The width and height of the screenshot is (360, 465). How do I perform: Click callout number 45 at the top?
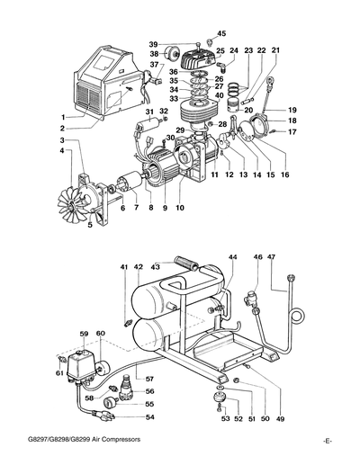click(222, 33)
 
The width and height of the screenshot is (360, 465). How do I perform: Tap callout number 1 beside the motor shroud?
click(63, 117)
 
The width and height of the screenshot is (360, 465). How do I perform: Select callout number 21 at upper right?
click(276, 50)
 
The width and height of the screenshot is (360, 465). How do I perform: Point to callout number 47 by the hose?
click(272, 257)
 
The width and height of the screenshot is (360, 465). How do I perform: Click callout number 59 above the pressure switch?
click(84, 335)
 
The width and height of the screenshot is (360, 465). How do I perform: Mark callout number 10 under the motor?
click(180, 209)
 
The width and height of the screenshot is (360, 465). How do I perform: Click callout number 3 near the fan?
click(61, 141)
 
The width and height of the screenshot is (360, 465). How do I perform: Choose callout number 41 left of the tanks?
click(124, 267)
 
